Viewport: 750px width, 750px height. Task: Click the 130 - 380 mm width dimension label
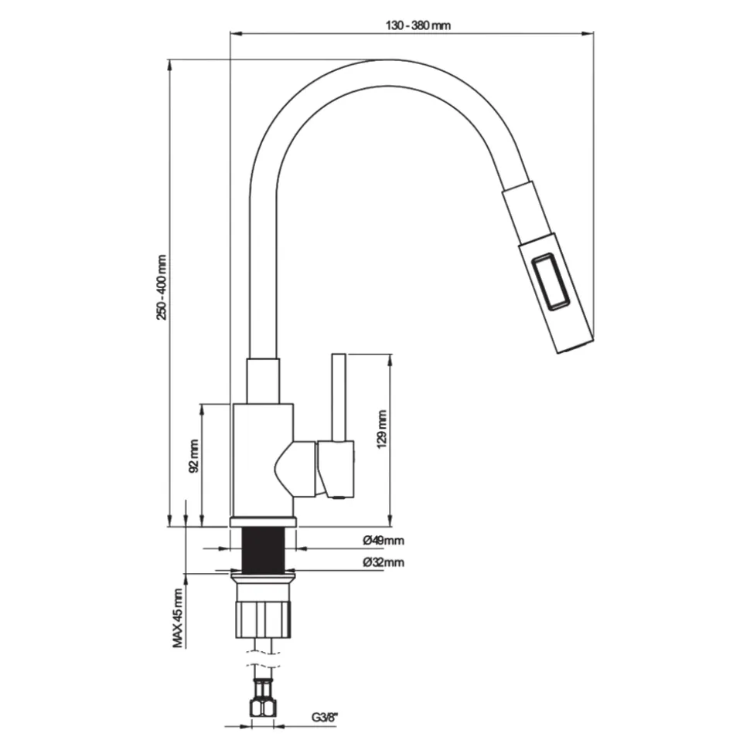click(x=418, y=25)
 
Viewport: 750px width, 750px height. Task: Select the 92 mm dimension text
click(x=194, y=456)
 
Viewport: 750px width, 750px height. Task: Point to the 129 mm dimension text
click(x=382, y=429)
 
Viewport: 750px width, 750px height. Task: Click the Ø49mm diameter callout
click(x=384, y=541)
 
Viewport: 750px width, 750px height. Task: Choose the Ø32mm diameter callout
click(x=384, y=562)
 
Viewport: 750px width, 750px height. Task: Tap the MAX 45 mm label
click(x=178, y=618)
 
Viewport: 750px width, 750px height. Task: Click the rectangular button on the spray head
click(x=551, y=283)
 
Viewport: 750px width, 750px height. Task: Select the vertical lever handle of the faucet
click(x=339, y=397)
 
